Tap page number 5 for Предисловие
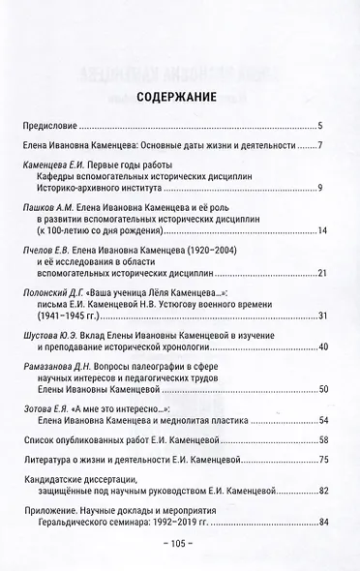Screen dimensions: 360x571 (321, 127)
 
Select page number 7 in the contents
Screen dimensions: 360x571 (321, 146)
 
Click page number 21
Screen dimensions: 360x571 (321, 273)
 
